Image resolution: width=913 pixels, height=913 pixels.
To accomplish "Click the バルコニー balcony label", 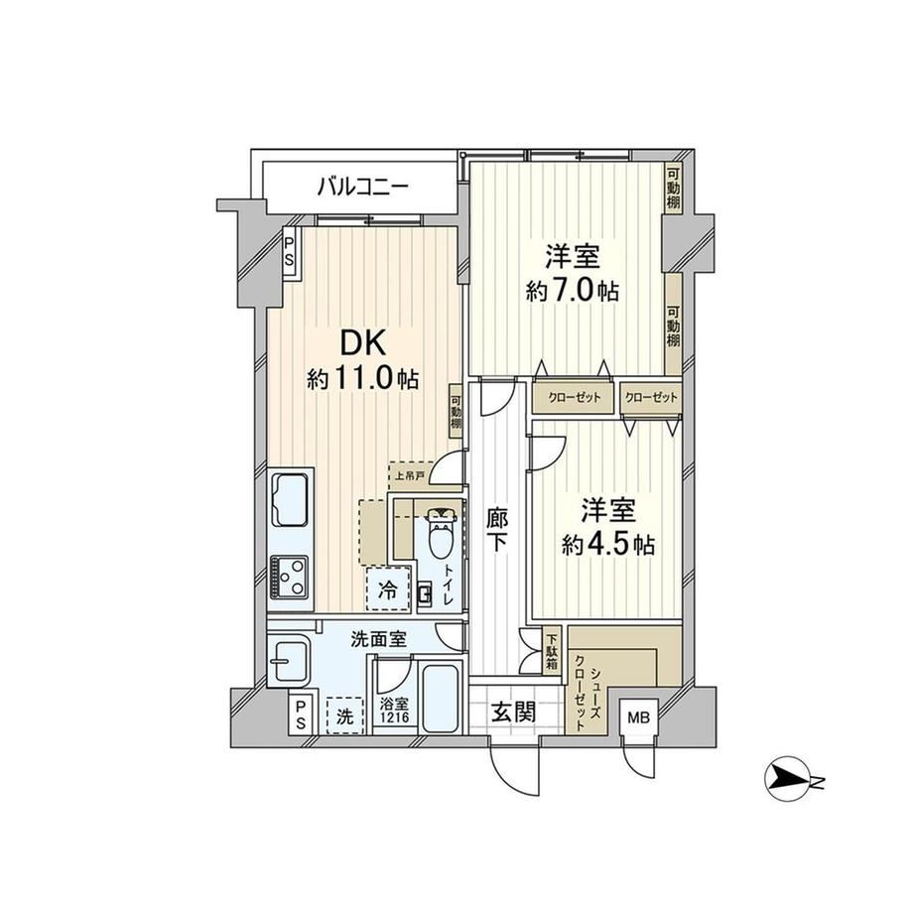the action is (x=363, y=188).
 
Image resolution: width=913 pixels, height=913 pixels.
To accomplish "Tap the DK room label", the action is (x=363, y=343).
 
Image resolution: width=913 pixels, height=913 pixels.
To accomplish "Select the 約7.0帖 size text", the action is (x=573, y=290).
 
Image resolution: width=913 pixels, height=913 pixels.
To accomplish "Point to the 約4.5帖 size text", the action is (x=608, y=545).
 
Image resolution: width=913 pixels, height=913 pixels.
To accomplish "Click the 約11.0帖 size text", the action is (x=363, y=380).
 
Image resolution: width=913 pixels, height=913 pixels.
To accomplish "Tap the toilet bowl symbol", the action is (x=441, y=533).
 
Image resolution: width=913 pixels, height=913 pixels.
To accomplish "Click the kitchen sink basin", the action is (x=291, y=499).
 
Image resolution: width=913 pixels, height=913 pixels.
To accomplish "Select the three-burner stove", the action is (x=290, y=577).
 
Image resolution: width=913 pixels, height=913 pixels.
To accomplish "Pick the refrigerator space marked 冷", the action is (x=388, y=588).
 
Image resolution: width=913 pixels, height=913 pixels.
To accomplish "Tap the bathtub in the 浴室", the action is (x=441, y=698).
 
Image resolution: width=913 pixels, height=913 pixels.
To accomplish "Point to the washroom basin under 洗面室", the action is (x=289, y=662).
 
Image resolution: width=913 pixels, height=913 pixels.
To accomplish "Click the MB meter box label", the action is (x=638, y=717).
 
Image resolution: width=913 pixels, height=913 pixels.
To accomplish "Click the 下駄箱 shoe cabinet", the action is (x=552, y=651).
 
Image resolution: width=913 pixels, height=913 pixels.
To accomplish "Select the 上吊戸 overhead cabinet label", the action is (x=410, y=475).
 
